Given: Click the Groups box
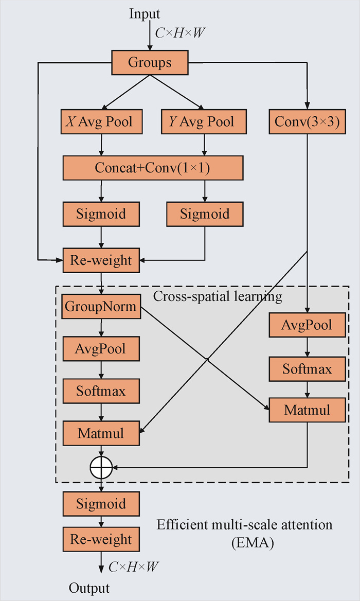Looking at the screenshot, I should [150, 63].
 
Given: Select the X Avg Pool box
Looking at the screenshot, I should [101, 122].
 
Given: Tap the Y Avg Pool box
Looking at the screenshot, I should [205, 122].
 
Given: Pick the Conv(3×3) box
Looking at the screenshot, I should [307, 122].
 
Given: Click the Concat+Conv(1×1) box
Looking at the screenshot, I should [153, 168].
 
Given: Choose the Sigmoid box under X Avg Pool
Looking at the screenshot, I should [101, 214].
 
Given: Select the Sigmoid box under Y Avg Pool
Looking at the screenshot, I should [205, 214].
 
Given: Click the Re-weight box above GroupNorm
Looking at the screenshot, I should [101, 261].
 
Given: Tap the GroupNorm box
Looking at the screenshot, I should [101, 307].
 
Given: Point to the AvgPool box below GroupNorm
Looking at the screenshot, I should [101, 349].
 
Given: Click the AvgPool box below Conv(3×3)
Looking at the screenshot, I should [307, 325].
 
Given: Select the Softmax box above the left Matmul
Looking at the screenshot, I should [101, 391].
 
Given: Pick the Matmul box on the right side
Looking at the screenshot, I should [307, 411].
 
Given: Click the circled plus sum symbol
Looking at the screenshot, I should [101, 468].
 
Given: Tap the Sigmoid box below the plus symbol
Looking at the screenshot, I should [101, 504].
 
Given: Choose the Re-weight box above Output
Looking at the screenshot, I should [101, 540].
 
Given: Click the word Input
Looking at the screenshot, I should [145, 14].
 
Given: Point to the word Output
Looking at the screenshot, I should [89, 588].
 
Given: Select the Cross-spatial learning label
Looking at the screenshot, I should [218, 296].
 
